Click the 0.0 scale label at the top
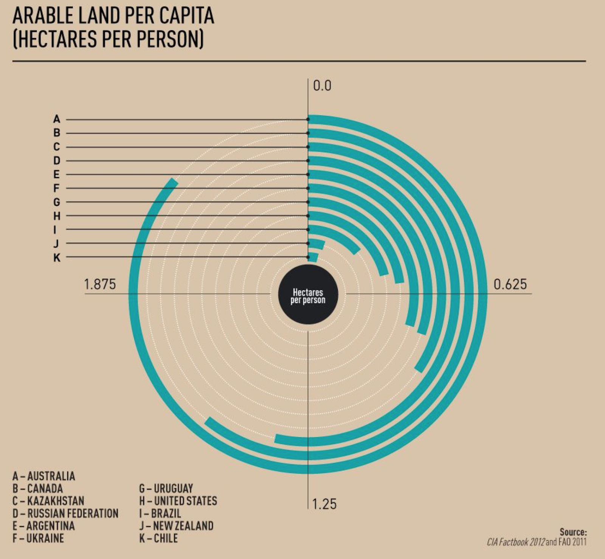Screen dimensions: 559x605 [322, 86]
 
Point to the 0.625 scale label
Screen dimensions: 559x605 [510, 284]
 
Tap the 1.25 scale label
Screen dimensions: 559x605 [324, 504]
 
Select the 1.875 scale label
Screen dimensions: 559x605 [100, 284]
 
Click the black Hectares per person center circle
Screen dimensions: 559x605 [308, 294]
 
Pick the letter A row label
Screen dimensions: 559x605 [57, 119]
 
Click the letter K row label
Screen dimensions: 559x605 [57, 258]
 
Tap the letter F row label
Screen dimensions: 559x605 [56, 188]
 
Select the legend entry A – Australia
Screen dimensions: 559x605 [44, 476]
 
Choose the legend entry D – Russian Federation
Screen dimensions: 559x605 [65, 513]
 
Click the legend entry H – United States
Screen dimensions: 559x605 [178, 501]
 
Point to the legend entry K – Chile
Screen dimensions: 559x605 [158, 538]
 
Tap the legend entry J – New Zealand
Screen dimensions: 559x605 [176, 526]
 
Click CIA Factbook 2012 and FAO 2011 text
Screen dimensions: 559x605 [537, 542]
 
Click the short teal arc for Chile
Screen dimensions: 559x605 [313, 258]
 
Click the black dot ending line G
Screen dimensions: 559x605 [308, 202]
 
